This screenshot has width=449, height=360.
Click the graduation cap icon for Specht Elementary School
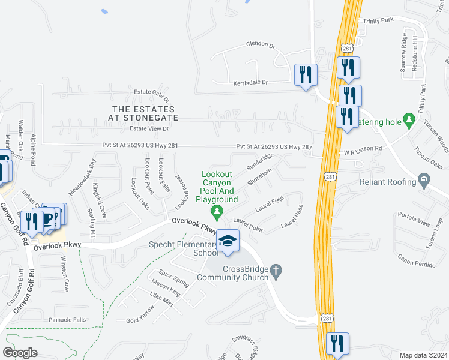click(228, 241)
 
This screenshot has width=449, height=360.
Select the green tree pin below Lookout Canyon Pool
click(217, 211)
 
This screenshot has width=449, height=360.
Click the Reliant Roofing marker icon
click(424, 181)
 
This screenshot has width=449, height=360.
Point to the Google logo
click(20, 353)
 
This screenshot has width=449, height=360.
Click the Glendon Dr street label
click(260, 44)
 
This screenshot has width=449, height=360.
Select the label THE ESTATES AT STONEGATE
click(145, 113)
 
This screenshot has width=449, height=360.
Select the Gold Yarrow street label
click(140, 314)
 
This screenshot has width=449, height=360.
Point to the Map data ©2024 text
click(424, 355)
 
